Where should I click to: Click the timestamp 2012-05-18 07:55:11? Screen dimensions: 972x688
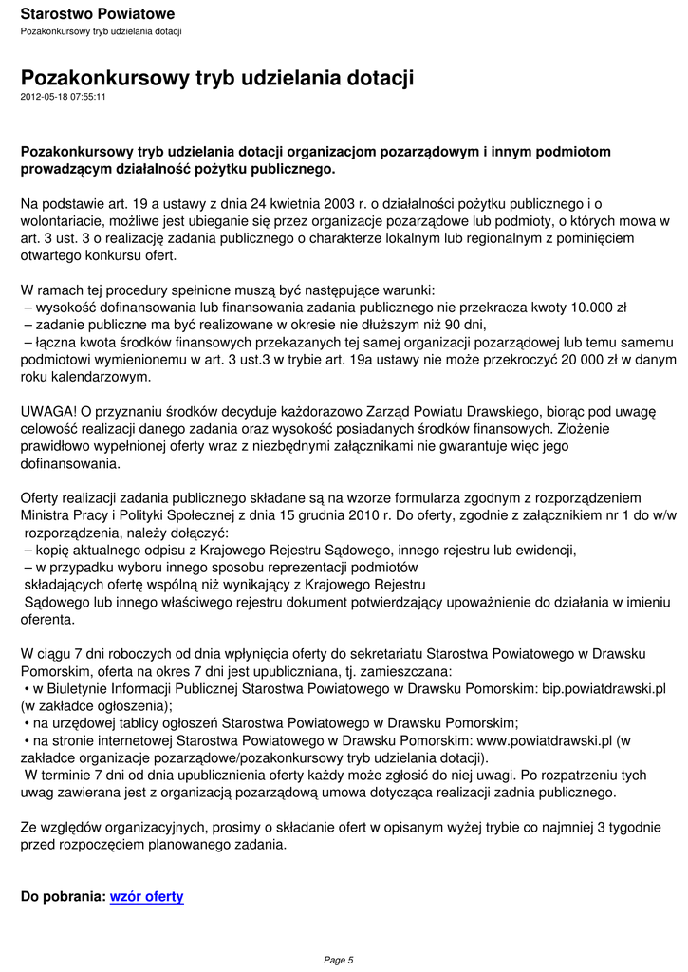click(63, 96)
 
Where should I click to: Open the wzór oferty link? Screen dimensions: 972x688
click(147, 896)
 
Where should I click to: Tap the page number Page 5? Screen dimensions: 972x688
click(339, 960)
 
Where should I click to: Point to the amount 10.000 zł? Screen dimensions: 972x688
click(598, 308)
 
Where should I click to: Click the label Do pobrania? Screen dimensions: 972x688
click(63, 896)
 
